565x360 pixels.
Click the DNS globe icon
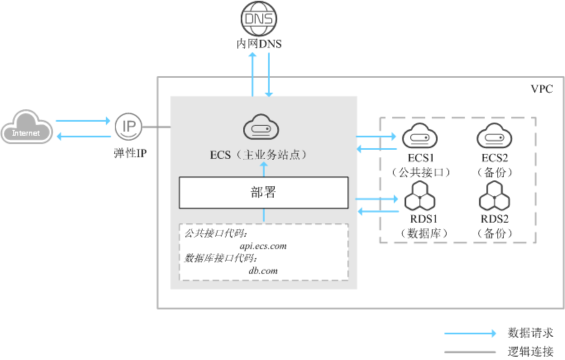(x=258, y=19)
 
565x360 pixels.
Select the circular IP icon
(x=128, y=126)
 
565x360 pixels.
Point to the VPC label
(x=542, y=89)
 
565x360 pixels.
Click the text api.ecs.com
(x=263, y=246)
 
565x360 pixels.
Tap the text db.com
(x=263, y=270)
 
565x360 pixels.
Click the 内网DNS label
(x=259, y=44)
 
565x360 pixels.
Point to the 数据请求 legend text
(x=530, y=332)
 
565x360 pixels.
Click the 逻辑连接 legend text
(x=530, y=351)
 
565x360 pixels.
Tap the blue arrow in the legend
(x=469, y=333)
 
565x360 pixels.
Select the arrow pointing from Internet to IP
(x=83, y=120)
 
